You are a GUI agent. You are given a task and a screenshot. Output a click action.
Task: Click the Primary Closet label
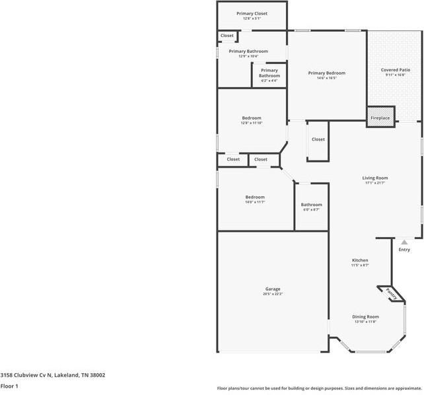(252, 13)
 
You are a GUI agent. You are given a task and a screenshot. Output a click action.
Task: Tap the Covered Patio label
(395, 69)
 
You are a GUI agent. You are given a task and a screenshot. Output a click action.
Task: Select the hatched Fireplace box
(380, 116)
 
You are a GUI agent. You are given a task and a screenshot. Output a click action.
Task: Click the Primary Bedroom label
(326, 73)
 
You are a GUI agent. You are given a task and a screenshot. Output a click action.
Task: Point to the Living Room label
(374, 178)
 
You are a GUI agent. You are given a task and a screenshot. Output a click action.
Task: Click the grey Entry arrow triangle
(404, 242)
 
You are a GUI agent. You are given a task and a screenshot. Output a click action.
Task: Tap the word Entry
(404, 250)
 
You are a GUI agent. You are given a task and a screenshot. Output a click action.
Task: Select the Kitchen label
(360, 260)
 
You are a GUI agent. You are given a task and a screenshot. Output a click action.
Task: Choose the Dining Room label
(365, 316)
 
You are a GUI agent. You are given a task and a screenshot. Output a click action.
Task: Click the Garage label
(273, 289)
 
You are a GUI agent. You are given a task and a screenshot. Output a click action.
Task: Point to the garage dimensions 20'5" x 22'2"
(273, 294)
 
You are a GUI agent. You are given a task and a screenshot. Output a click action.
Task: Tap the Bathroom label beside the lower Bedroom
(311, 205)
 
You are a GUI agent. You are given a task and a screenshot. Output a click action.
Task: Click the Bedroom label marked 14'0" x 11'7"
(255, 197)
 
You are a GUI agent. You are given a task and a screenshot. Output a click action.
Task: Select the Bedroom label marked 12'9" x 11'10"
(251, 118)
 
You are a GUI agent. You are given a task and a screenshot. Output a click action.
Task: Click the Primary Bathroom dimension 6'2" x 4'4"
(269, 81)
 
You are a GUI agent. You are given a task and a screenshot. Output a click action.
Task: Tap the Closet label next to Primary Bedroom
(318, 139)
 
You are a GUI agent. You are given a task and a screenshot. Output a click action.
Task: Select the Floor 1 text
(9, 386)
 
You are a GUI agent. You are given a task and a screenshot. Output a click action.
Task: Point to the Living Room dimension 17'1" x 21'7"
(374, 183)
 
